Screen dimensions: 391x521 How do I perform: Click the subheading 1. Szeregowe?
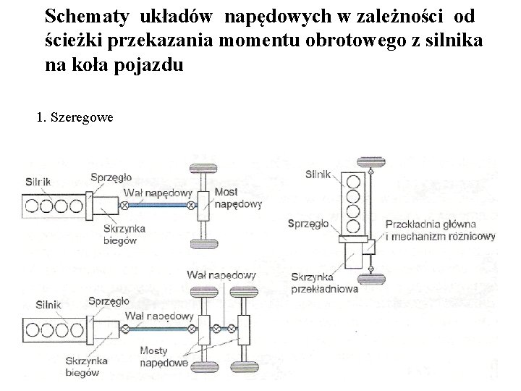point(74,117)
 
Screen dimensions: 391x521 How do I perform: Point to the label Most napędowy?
point(237,198)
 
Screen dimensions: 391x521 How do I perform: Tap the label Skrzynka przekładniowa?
point(325,282)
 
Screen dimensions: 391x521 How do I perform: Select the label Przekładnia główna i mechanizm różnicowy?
point(441,230)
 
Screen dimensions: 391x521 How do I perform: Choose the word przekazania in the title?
point(154,40)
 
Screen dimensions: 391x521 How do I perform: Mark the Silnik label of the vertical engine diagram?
point(318,174)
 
